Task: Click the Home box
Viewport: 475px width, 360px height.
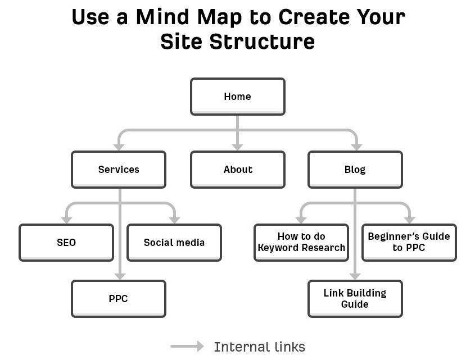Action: pos(237,97)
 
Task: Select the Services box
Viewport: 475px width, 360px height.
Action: pos(118,170)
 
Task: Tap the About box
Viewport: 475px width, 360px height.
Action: pos(237,170)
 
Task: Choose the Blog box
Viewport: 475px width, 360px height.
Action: pos(355,170)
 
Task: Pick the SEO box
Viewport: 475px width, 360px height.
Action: pos(66,243)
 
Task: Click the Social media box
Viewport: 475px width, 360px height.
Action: pos(174,243)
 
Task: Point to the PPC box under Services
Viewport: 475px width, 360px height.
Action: pos(118,299)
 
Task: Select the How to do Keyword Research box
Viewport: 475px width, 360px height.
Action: pos(301,243)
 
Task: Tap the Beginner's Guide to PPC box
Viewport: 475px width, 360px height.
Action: pos(409,243)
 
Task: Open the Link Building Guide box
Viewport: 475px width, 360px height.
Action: pos(355,299)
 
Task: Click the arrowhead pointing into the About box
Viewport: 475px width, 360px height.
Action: pos(237,147)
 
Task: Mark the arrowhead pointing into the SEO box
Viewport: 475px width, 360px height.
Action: pos(66,220)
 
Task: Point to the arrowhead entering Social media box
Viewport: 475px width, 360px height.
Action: pos(174,220)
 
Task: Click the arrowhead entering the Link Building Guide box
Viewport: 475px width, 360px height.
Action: pos(355,276)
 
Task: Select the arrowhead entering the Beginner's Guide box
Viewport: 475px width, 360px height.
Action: pos(409,220)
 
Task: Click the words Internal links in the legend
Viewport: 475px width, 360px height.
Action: pos(259,347)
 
